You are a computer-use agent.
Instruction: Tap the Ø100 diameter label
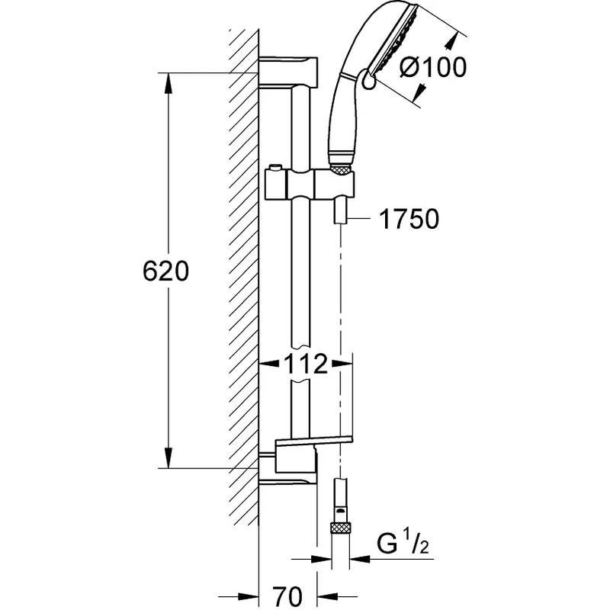tap(432, 68)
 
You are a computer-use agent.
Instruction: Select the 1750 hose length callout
tap(408, 220)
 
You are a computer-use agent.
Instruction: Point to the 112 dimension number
tap(306, 364)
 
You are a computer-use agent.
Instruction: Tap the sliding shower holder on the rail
tap(310, 185)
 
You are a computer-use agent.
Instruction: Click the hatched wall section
tap(243, 267)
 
